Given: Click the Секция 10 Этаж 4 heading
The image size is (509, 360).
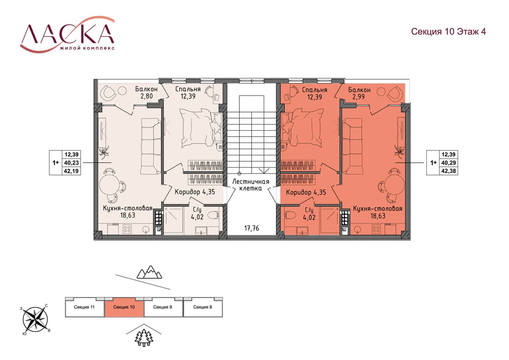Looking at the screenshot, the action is [x=448, y=31].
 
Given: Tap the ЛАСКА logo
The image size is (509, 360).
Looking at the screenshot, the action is [x=67, y=34].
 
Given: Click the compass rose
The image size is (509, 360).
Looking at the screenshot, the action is [x=35, y=320].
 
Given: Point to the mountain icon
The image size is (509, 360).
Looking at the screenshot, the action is [x=149, y=272].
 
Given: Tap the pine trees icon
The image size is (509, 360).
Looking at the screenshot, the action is [x=144, y=338].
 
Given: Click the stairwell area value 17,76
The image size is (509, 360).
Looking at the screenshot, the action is [x=252, y=228].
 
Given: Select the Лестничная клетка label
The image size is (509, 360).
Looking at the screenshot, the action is [x=251, y=185].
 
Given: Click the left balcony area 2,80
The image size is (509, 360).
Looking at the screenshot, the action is [x=147, y=96].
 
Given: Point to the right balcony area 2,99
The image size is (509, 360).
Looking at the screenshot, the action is [x=358, y=97].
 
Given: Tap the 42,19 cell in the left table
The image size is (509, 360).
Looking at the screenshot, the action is [x=71, y=171].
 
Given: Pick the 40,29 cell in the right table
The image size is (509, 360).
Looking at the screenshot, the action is [x=448, y=163].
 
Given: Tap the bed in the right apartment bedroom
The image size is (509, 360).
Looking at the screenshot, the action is [x=303, y=128].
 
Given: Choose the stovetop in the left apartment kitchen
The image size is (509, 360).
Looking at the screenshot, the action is [x=127, y=229].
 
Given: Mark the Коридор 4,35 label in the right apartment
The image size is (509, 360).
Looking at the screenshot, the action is [x=306, y=192].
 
